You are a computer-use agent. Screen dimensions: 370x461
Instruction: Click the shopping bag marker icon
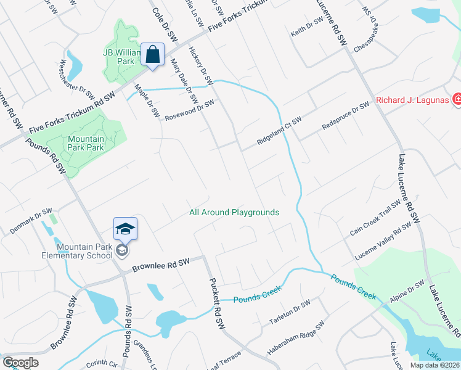pyautogui.click(x=152, y=55)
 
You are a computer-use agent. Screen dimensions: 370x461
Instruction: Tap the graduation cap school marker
pyautogui.click(x=124, y=229)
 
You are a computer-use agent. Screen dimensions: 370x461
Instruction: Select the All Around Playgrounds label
pyautogui.click(x=234, y=212)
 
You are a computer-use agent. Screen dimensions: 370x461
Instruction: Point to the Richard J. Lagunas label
pyautogui.click(x=411, y=100)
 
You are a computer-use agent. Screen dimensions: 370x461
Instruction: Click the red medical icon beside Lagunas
pyautogui.click(x=457, y=99)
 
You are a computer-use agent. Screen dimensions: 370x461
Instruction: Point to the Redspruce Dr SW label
pyautogui.click(x=345, y=116)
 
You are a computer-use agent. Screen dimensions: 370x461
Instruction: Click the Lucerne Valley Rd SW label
pyautogui.click(x=383, y=242)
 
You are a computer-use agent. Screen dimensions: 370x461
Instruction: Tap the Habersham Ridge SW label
pyautogui.click(x=295, y=338)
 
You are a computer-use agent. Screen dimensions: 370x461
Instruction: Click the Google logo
pyautogui.click(x=20, y=363)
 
